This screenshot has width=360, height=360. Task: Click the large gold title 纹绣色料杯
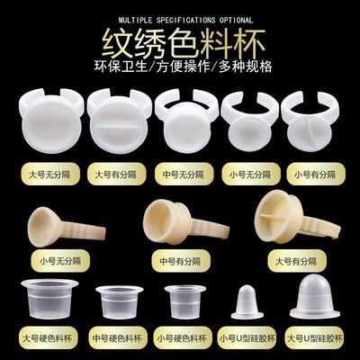(x=184, y=43)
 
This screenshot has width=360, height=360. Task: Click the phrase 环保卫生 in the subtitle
(x=121, y=67)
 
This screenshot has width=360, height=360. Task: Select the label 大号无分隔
(x=50, y=175)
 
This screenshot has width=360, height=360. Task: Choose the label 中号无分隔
(x=184, y=175)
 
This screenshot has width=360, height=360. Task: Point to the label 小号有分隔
(x=315, y=175)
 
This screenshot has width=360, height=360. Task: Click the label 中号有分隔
(x=180, y=261)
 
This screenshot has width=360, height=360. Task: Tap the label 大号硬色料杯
(x=48, y=338)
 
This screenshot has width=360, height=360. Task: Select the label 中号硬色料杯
(x=117, y=338)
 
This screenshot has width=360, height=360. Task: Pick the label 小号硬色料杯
(x=182, y=338)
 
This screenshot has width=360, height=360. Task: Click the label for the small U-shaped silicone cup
(x=247, y=338)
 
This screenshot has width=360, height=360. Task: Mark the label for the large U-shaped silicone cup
(x=315, y=338)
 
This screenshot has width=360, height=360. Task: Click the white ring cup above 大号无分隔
(x=51, y=121)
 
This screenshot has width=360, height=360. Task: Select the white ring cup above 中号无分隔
(x=186, y=119)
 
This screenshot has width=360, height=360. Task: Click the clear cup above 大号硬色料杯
(x=49, y=299)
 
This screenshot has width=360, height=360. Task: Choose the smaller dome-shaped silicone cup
(x=247, y=302)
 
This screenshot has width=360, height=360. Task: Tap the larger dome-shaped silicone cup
(x=315, y=296)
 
